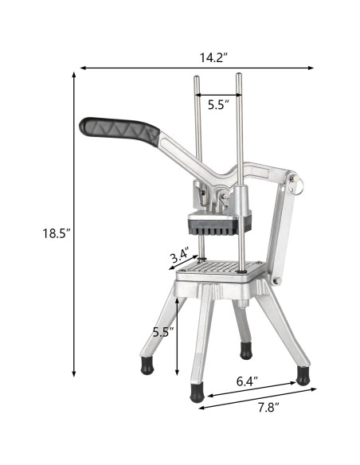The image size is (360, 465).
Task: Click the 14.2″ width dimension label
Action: pyautogui.click(x=213, y=57)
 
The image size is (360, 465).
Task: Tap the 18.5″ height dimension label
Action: pyautogui.click(x=57, y=233)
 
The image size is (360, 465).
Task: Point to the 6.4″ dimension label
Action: pyautogui.click(x=247, y=381)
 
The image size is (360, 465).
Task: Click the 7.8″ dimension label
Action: pyautogui.click(x=268, y=407)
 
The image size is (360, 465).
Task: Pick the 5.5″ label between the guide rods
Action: pyautogui.click(x=218, y=104)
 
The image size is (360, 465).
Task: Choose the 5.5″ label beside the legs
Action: pyautogui.click(x=163, y=332)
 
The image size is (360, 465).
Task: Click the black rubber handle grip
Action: pyautogui.click(x=119, y=131)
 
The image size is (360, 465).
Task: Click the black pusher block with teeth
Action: pyautogui.click(x=220, y=225)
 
